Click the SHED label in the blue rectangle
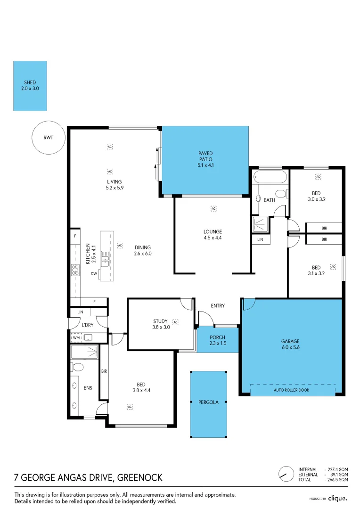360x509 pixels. pyautogui.click(x=30, y=82)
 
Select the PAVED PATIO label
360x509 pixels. pyautogui.click(x=205, y=156)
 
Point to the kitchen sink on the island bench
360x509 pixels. pyautogui.click(x=105, y=259)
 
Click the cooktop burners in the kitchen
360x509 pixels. pyautogui.click(x=75, y=270)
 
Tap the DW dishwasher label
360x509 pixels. pyautogui.click(x=94, y=274)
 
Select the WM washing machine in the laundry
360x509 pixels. pyautogui.click(x=76, y=338)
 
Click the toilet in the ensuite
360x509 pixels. pyautogui.click(x=77, y=367)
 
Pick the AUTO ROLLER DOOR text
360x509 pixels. pyautogui.click(x=292, y=390)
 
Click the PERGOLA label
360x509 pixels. pyautogui.click(x=208, y=402)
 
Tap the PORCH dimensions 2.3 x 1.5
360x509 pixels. pyautogui.click(x=218, y=343)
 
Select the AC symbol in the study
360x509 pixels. pyautogui.click(x=176, y=322)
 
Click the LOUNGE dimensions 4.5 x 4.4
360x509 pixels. pyautogui.click(x=213, y=238)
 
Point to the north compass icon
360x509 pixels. pyautogui.click(x=286, y=474)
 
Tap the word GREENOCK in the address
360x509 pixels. pyautogui.click(x=139, y=477)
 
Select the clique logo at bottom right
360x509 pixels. pyautogui.click(x=337, y=498)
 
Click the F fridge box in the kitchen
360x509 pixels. pyautogui.click(x=75, y=236)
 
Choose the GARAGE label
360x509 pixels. pyautogui.click(x=290, y=341)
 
